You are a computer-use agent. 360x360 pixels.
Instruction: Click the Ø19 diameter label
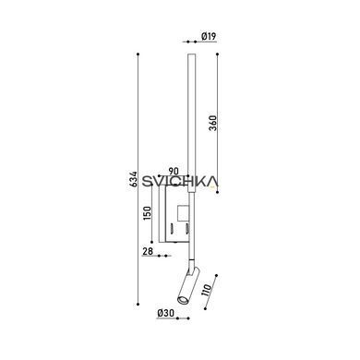210,36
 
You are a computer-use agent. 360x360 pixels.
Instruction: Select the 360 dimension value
213,123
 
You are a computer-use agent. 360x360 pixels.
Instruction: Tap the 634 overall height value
133,179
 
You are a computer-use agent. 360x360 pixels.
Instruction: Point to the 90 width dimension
174,171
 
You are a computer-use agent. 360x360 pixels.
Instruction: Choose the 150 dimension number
148,213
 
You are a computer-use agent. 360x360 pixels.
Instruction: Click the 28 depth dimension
148,251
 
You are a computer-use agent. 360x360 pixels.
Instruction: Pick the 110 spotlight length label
206,290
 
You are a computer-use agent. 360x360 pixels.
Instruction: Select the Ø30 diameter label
166,313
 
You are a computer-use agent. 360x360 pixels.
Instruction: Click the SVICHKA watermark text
180,181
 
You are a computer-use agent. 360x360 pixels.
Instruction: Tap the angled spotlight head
188,286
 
